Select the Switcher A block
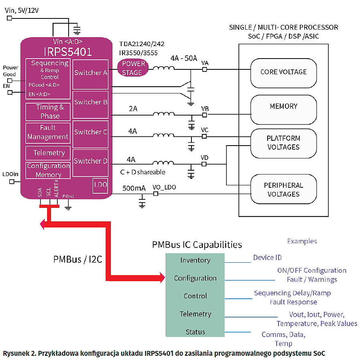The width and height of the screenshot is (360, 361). (x=91, y=73)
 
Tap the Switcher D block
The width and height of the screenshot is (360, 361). (x=91, y=161)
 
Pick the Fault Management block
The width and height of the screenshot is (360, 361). (x=48, y=132)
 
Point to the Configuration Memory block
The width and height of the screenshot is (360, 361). (x=48, y=170)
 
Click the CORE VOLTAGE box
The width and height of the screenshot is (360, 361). (x=283, y=72)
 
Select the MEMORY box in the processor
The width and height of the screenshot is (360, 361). (x=283, y=106)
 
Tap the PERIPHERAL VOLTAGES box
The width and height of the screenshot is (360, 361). (x=283, y=190)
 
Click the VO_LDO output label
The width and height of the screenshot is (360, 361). (x=164, y=187)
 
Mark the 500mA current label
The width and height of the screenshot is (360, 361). (x=134, y=188)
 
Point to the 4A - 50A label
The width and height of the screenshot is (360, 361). (x=183, y=58)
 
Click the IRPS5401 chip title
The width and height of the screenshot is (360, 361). (x=67, y=51)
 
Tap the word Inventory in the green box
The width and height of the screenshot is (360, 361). (x=195, y=260)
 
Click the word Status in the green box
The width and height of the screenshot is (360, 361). (x=195, y=332)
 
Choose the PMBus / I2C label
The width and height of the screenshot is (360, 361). (x=77, y=259)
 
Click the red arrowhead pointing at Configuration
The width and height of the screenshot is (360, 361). (x=162, y=277)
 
